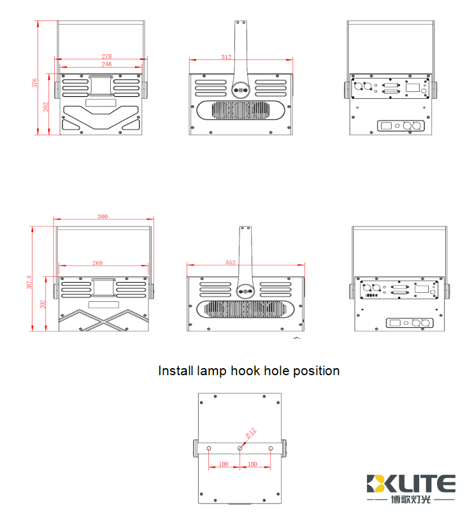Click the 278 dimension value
[106, 57]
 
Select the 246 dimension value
[106, 64]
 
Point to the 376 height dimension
[36, 82]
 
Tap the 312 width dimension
[226, 57]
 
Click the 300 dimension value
[103, 216]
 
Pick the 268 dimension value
[97, 262]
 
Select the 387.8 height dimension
[29, 282]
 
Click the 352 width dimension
[230, 262]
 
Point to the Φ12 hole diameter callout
[250, 434]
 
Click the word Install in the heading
[175, 371]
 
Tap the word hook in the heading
[245, 371]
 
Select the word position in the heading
[316, 371]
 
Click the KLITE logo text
[411, 483]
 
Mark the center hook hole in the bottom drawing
[240, 449]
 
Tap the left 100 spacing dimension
[224, 464]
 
